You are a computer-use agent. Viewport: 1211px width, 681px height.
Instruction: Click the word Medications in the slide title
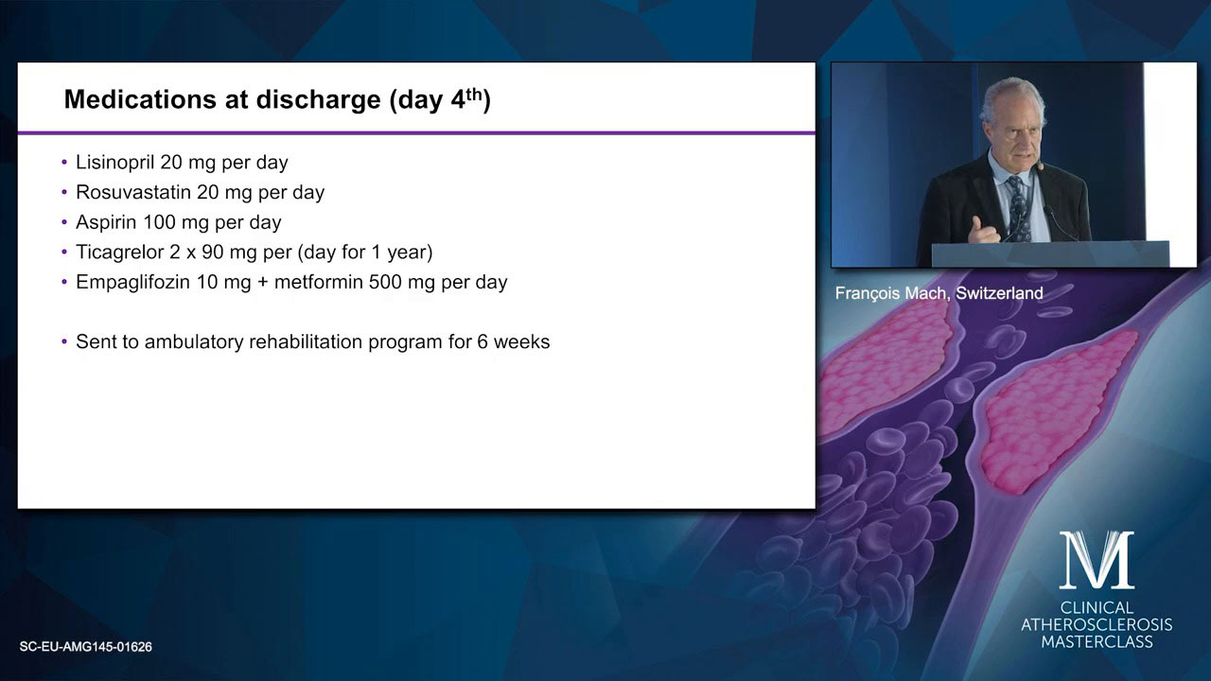pos(140,99)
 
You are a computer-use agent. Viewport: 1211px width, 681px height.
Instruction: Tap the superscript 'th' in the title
pos(474,94)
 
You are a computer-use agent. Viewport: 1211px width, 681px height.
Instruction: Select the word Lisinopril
pos(114,163)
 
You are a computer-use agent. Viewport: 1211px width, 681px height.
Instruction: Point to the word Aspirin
pos(106,222)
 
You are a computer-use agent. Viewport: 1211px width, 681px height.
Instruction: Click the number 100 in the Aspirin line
pos(160,222)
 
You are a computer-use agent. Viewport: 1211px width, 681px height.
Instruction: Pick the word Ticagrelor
pos(120,253)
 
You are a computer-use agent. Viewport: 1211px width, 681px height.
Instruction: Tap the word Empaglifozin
pos(133,283)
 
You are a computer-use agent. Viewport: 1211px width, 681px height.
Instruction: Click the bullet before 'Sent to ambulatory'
pos(64,341)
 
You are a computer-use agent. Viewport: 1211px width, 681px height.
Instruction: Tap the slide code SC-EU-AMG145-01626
pos(86,646)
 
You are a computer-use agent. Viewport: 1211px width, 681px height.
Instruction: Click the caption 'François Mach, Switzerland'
pos(939,293)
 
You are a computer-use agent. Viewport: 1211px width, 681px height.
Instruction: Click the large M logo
pos(1097,560)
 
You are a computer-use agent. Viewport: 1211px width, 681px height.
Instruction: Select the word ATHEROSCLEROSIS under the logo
pos(1097,625)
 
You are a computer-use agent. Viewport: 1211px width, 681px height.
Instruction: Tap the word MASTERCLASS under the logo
pos(1097,642)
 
